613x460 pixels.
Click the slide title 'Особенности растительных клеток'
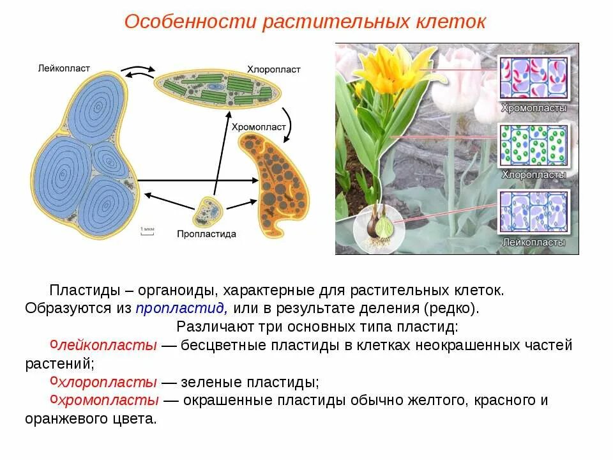[305, 21]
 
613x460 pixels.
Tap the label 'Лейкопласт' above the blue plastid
[64, 67]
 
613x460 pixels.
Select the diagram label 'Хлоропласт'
[273, 69]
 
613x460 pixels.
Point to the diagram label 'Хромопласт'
[259, 127]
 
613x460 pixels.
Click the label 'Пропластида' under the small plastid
[206, 234]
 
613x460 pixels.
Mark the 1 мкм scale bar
[147, 231]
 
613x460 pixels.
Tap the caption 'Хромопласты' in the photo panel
[534, 108]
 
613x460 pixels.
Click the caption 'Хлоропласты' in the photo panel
[534, 174]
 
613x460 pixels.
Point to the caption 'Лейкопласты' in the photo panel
[534, 242]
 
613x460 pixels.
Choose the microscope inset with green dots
[534, 145]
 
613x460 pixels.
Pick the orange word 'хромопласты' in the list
[108, 401]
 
